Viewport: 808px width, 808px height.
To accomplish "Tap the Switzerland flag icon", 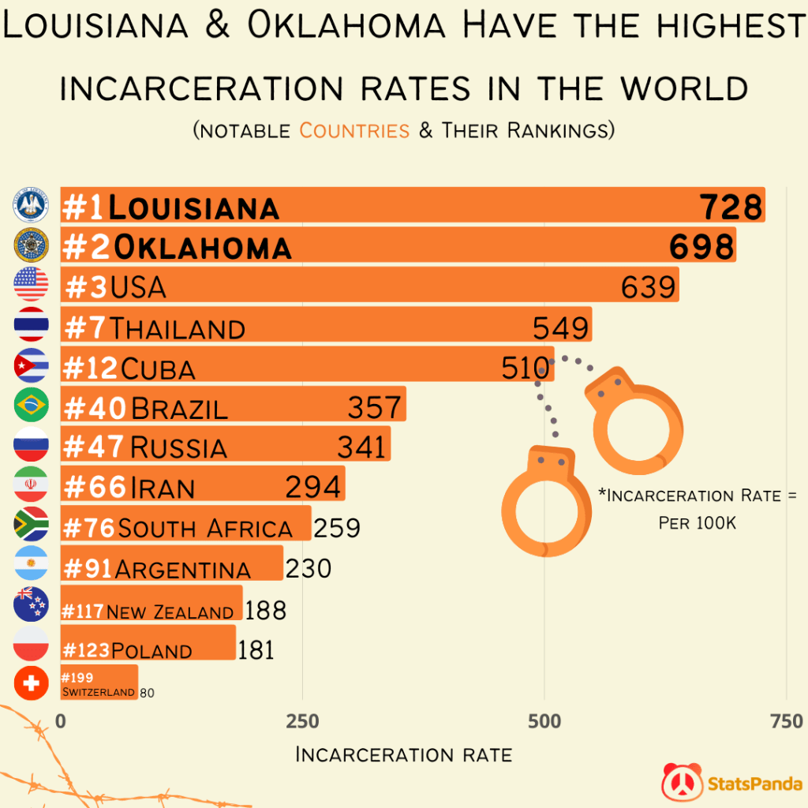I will tap(32, 683).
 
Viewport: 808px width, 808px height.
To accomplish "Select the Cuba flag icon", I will tap(32, 365).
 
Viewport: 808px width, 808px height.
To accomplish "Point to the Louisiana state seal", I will tap(32, 206).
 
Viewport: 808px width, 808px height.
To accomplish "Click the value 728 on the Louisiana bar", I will tap(731, 207).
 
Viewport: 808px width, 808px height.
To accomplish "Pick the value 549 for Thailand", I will tap(561, 327).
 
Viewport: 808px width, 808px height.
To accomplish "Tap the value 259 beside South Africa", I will tap(337, 527).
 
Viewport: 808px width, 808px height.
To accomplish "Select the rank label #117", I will tap(82, 612).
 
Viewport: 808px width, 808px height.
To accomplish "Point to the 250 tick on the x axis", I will tap(302, 721).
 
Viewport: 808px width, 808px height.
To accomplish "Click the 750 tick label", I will tap(786, 721).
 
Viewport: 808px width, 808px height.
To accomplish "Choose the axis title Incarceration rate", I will tap(403, 754).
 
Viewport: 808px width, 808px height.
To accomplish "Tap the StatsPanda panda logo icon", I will tap(681, 782).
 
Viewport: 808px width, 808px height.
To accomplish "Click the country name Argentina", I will tap(183, 569).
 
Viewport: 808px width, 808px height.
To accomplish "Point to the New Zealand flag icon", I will tap(32, 604).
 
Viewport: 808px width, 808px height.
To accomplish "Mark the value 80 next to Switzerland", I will tap(148, 693).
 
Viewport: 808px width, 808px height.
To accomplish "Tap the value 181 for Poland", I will tap(256, 649).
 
